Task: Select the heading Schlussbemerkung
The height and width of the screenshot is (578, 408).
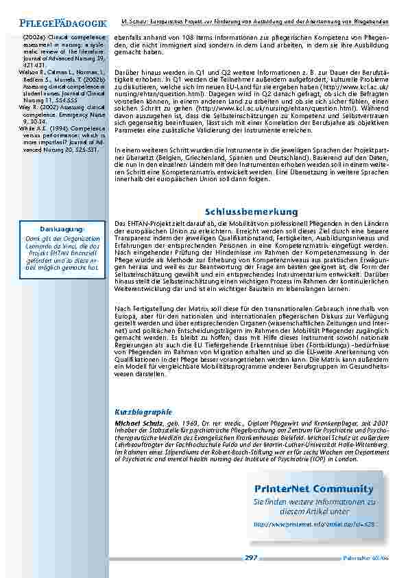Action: (251, 212)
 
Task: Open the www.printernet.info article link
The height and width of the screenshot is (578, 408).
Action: (314, 524)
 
